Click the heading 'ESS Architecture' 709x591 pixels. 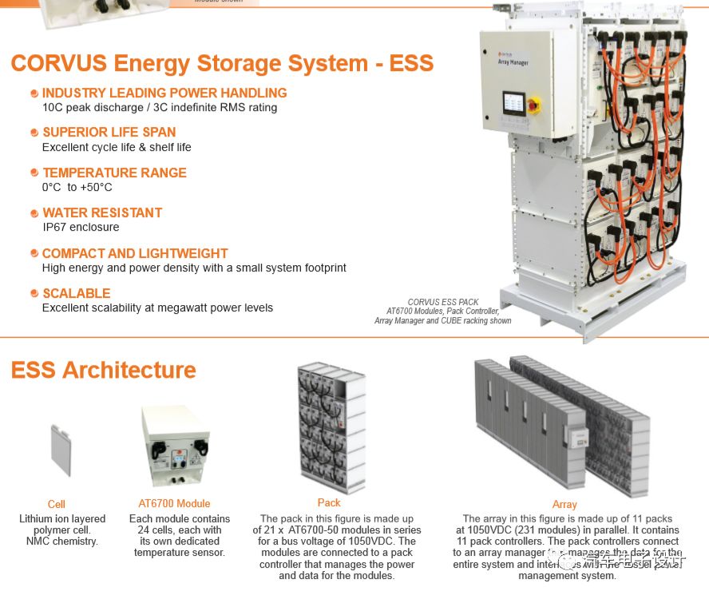coord(104,371)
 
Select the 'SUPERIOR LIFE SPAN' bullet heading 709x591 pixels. coord(109,133)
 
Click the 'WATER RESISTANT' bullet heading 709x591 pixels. coord(102,213)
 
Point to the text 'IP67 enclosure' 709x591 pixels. coord(81,228)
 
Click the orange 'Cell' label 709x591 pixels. coord(57,504)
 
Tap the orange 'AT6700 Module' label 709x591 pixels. coord(174,503)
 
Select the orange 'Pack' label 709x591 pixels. coord(329,502)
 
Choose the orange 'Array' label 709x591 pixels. coord(564,504)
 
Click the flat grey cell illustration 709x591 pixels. coord(61,450)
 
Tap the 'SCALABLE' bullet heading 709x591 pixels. coord(77,294)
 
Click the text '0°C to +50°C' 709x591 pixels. coord(77,188)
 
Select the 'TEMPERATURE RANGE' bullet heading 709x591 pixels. coord(114,173)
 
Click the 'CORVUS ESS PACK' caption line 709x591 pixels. coord(443,302)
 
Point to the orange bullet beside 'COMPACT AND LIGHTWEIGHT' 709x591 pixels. coord(34,254)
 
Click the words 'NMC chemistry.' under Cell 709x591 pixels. coord(62,541)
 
